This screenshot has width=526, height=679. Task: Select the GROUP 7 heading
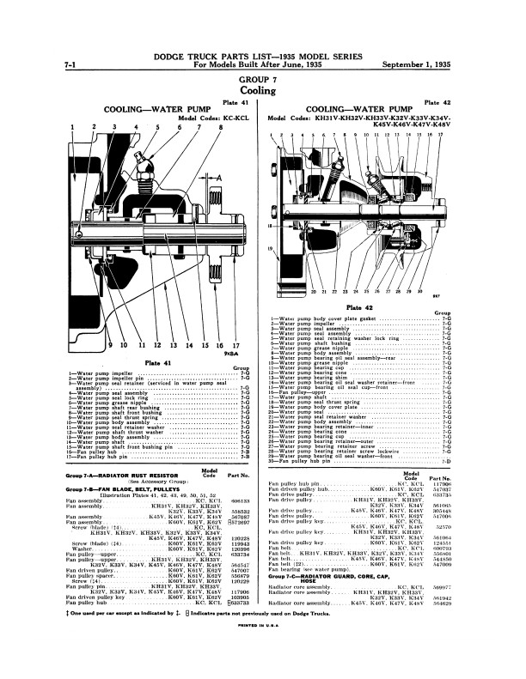click(x=263, y=76)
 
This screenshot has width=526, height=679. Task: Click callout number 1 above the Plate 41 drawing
click(x=74, y=127)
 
